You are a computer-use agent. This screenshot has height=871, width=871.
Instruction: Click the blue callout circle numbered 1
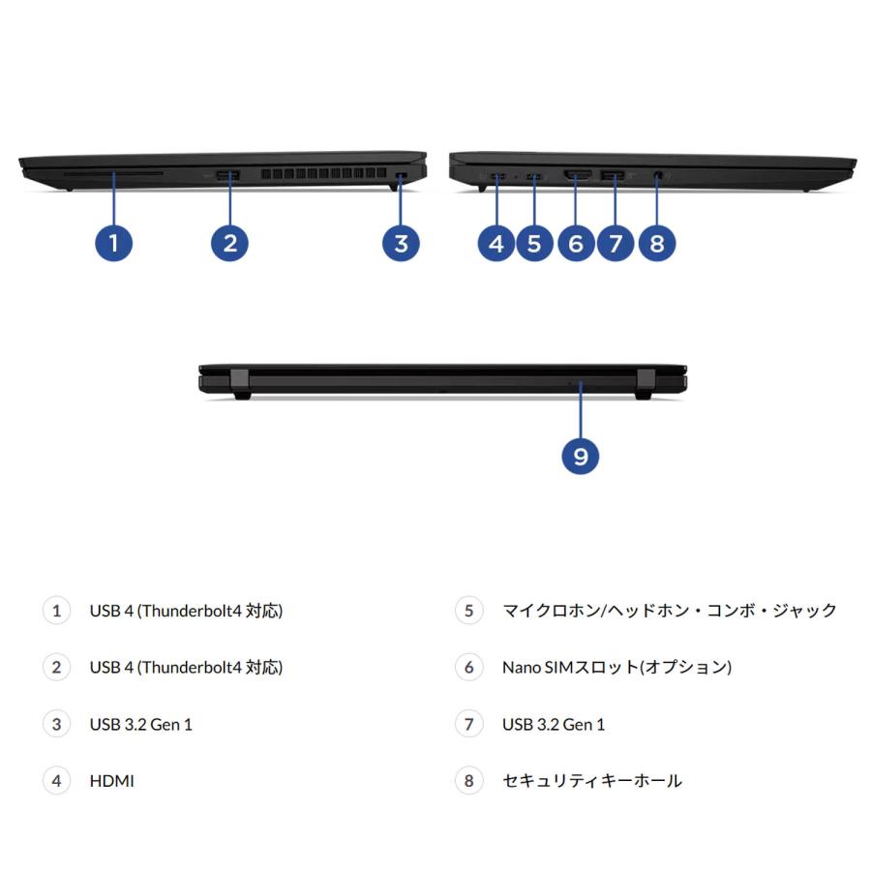pos(114,243)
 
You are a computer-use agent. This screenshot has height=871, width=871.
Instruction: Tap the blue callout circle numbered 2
pos(229,243)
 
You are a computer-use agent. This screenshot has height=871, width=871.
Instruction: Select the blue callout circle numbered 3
pos(401,243)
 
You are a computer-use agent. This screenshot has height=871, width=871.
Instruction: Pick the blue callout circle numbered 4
pos(496,243)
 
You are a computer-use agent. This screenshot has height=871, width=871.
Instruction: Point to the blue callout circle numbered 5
pos(534,243)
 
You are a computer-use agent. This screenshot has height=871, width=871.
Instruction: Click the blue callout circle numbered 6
pos(576,243)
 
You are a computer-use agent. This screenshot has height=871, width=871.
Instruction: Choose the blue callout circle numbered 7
pos(616,243)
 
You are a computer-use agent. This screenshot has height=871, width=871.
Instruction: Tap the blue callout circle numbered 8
pos(657,243)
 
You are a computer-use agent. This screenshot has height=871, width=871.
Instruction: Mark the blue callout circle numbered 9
pos(581,456)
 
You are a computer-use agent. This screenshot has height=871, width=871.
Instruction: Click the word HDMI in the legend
pos(111,780)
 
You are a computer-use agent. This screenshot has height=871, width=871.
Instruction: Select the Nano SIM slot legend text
pos(616,667)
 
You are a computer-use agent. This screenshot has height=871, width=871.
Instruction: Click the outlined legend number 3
pos(56,724)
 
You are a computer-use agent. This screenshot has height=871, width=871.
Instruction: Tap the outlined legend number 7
pos(468,724)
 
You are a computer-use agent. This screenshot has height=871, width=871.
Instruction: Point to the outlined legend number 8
pos(468,780)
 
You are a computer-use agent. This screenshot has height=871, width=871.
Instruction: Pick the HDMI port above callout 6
pos(578,176)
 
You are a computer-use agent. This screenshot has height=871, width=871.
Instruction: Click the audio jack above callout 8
pos(659,176)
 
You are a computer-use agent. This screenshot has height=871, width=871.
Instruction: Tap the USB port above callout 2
pos(228,175)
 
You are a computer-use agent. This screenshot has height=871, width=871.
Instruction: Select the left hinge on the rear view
pos(240,382)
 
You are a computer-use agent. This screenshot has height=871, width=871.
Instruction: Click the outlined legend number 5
pos(468,611)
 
